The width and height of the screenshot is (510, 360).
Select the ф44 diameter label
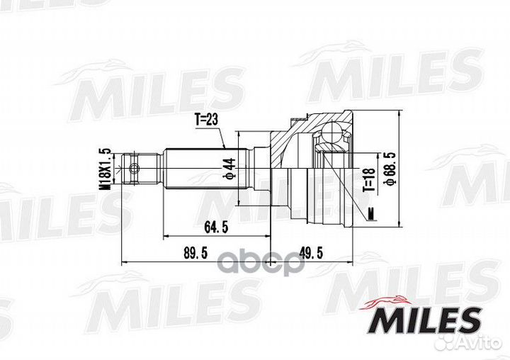coord(229,168)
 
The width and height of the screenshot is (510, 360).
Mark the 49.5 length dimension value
coord(308,253)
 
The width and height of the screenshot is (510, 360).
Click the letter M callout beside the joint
coord(371,212)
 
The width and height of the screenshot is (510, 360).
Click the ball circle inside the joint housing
coord(332,134)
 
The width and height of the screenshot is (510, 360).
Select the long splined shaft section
coord(205,169)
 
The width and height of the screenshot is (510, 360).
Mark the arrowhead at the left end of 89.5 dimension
coord(125,261)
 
